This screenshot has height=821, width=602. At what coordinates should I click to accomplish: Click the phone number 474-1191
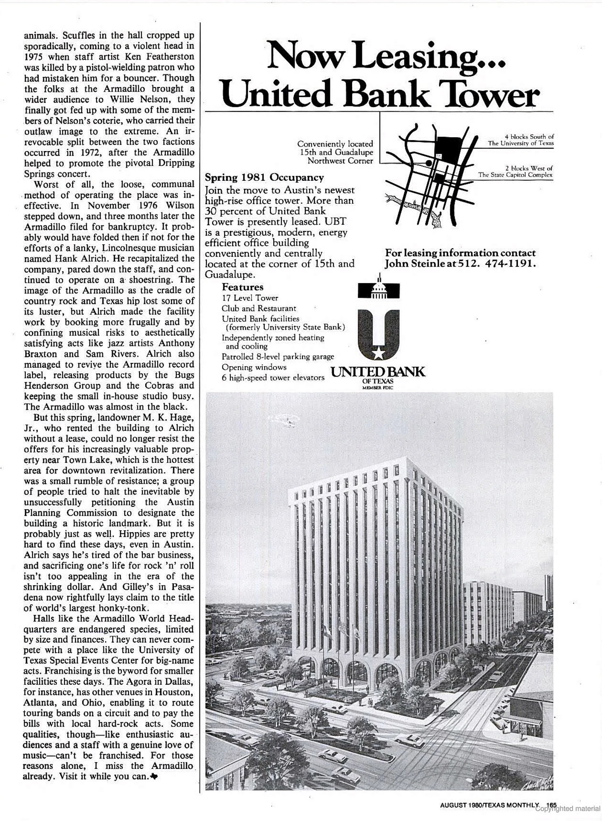coord(510,264)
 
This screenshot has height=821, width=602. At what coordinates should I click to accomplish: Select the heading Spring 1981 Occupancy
coord(264,177)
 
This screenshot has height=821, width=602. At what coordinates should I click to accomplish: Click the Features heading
coord(243,287)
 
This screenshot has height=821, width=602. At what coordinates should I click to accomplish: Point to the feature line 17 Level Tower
coord(250,298)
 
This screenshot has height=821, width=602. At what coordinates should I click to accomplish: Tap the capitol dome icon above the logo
coord(379,288)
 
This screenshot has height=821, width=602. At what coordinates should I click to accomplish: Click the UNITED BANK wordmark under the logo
coord(378,372)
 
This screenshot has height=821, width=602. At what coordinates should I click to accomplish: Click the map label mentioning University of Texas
coord(520,140)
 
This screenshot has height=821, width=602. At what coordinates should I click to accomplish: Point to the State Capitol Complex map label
coord(515,171)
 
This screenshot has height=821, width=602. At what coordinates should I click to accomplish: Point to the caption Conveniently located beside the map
coord(335,144)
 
